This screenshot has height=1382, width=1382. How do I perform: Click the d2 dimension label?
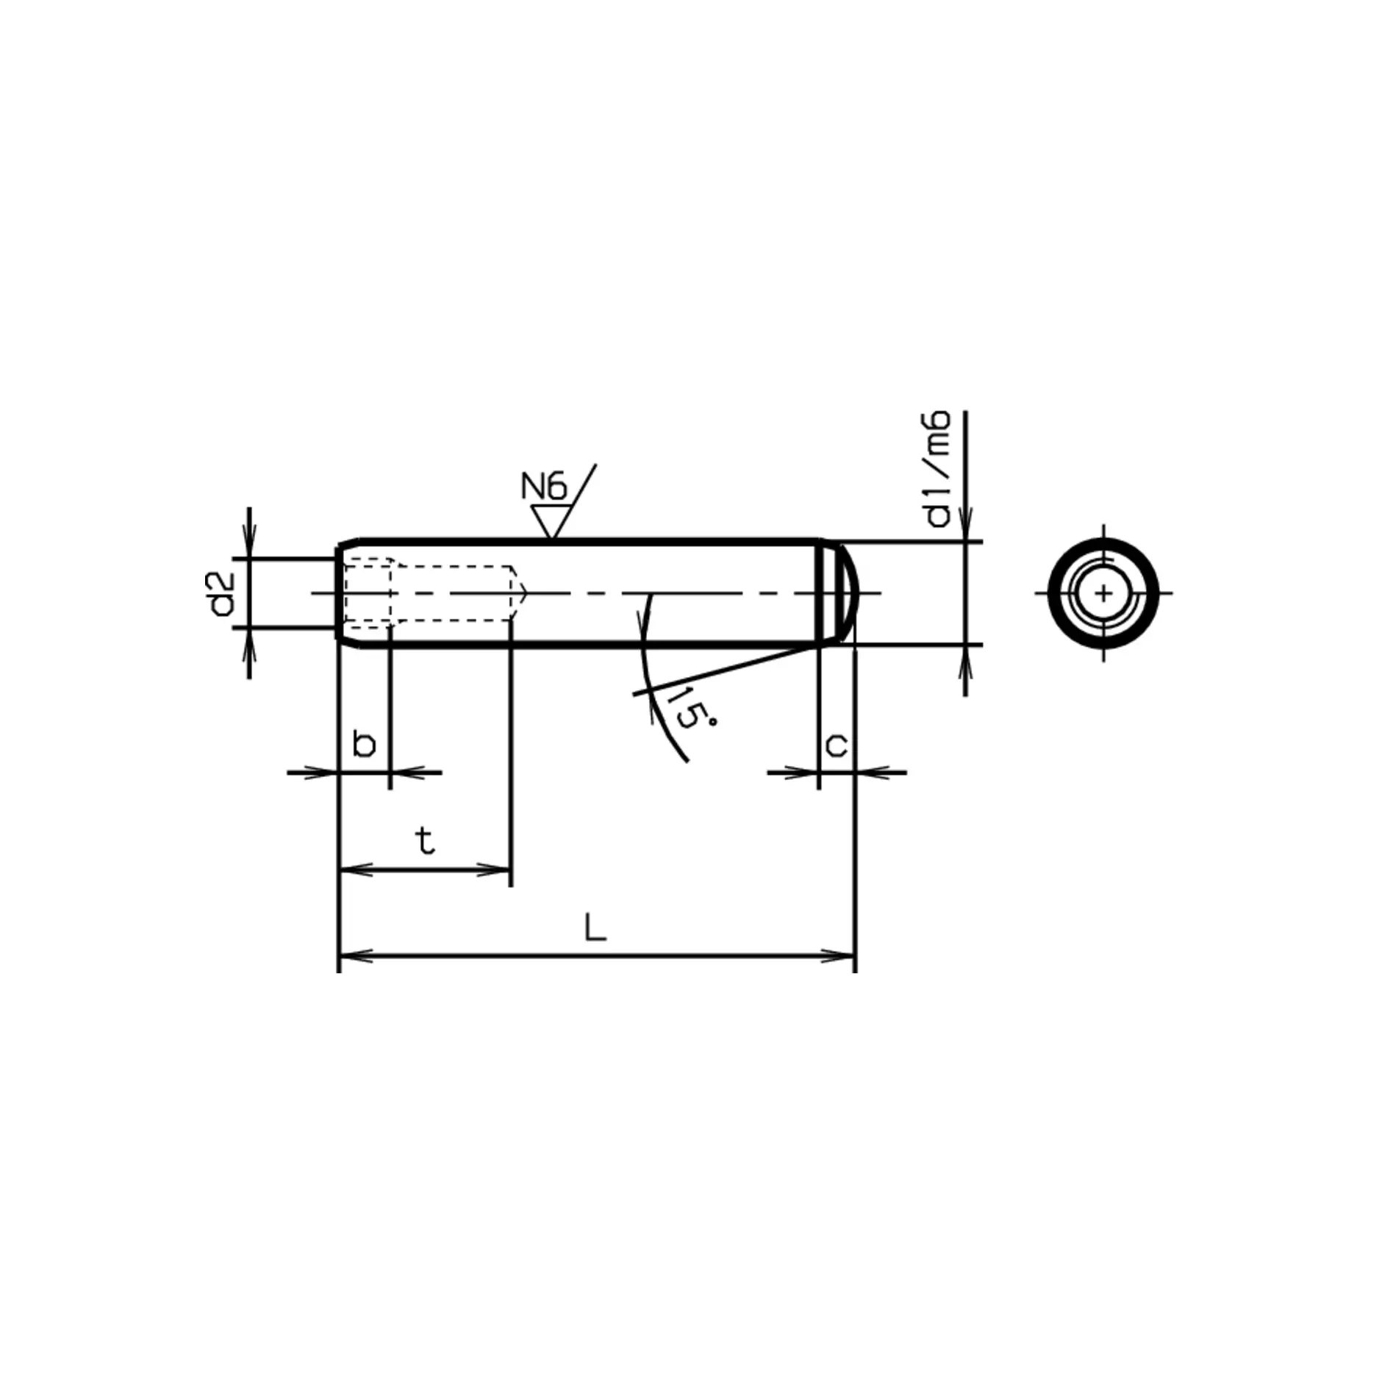(221, 594)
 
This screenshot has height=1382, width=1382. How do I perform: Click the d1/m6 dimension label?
(938, 469)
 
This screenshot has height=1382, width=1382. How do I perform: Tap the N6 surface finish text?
(543, 487)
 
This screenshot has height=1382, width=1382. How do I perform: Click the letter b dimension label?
(364, 744)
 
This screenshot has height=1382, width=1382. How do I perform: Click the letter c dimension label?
(837, 745)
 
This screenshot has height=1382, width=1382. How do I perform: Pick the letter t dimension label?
(425, 840)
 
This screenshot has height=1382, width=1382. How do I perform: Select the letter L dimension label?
(595, 928)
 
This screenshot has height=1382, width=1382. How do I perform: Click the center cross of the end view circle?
(1103, 593)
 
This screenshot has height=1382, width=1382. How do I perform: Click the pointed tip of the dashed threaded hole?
(525, 592)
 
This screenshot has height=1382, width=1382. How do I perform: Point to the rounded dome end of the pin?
(853, 592)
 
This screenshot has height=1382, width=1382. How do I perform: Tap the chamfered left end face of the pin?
(340, 592)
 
